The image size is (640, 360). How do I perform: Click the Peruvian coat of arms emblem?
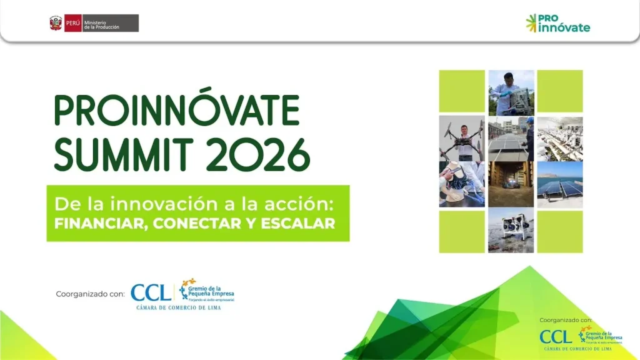pyautogui.click(x=56, y=23)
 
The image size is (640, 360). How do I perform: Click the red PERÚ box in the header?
pyautogui.click(x=73, y=23)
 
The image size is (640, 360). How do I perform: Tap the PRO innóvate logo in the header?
pyautogui.click(x=557, y=23)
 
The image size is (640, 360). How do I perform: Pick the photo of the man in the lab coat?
pyautogui.click(x=511, y=92)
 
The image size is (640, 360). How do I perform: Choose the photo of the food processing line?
pyautogui.click(x=560, y=138)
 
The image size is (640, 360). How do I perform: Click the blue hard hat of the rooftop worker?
pyautogui.click(x=529, y=120)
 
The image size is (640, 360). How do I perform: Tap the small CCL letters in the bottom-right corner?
pyautogui.click(x=556, y=337)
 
